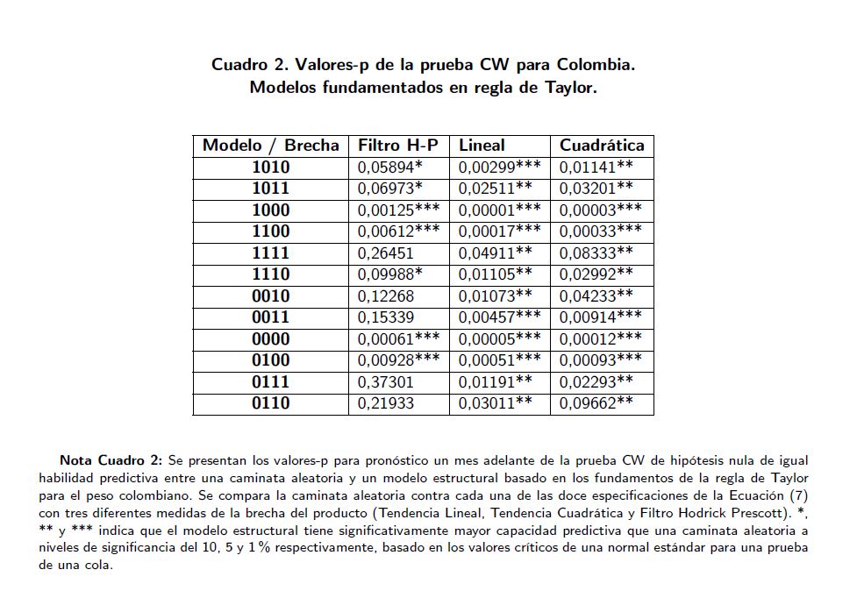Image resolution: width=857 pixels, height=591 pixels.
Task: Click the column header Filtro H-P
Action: pyautogui.click(x=397, y=146)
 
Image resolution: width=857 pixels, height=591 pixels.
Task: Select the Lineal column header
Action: pyautogui.click(x=482, y=146)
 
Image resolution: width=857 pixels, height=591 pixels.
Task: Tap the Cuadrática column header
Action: pyautogui.click(x=602, y=146)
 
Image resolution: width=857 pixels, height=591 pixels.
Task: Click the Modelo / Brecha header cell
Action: pyautogui.click(x=270, y=146)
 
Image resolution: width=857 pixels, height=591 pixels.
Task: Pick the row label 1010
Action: pyautogui.click(x=270, y=167)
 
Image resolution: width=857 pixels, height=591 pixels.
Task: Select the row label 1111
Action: pyautogui.click(x=270, y=253)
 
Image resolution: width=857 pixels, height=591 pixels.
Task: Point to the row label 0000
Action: pyautogui.click(x=270, y=338)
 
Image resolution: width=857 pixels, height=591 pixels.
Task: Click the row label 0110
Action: pyautogui.click(x=270, y=403)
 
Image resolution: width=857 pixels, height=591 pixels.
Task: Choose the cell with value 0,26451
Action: pyautogui.click(x=385, y=253)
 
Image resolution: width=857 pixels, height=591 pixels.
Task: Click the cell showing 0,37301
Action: pyautogui.click(x=385, y=381)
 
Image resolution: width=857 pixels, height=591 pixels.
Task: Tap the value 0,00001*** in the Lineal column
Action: pyautogui.click(x=499, y=210)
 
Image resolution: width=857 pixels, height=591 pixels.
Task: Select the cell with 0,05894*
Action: pyautogui.click(x=389, y=167)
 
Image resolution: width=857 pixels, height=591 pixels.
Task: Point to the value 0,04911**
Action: pyautogui.click(x=495, y=253)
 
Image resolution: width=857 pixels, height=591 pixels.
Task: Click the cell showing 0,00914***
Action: pyautogui.click(x=600, y=317)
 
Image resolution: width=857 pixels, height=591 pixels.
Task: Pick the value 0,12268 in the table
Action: pyautogui.click(x=385, y=295)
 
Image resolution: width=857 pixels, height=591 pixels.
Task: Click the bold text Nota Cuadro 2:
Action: pyautogui.click(x=111, y=460)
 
